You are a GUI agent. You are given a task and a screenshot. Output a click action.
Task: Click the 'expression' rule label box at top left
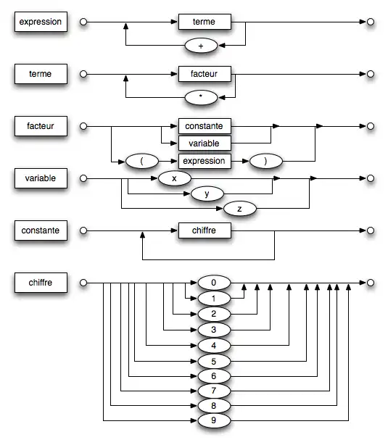coord(41,22)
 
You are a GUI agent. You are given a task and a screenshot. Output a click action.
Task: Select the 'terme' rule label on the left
coord(41,73)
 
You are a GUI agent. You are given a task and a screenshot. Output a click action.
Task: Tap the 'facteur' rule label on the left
coord(41,125)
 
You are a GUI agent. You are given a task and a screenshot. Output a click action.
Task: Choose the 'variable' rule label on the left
coord(41,178)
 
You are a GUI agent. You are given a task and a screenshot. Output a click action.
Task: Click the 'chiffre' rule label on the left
coord(41,282)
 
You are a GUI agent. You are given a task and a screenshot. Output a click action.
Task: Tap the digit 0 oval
coord(212,283)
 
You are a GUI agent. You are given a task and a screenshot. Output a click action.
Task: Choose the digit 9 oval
coord(212,421)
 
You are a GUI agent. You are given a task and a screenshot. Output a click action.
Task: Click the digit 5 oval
coord(212,359)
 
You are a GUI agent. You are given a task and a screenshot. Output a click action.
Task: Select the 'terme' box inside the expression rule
coord(205,22)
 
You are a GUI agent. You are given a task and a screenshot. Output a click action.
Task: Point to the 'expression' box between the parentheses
coord(205,160)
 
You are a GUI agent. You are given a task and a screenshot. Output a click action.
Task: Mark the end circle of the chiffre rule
coord(370,282)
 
